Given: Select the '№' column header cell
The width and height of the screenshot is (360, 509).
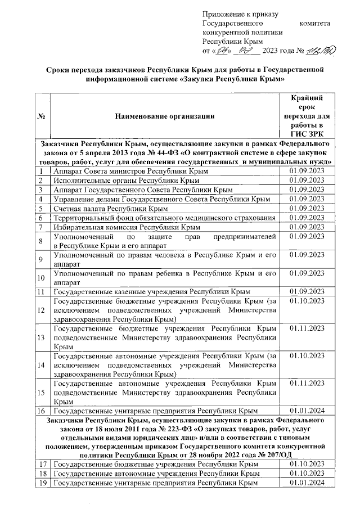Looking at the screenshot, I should pos(41,116).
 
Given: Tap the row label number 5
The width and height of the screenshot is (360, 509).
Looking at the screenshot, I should pos(41,208).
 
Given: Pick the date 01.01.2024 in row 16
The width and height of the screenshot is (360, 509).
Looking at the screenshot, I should pos(307,411).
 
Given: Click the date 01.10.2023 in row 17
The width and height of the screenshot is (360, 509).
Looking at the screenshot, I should pos(307,463).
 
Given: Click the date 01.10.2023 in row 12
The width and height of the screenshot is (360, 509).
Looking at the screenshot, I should pos(307,302).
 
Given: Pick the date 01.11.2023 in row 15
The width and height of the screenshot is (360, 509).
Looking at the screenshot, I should pos(307,383).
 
